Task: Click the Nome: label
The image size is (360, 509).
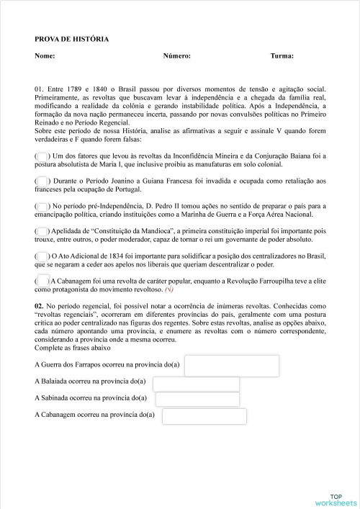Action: click(x=45, y=55)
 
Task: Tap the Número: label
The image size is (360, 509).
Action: click(x=176, y=55)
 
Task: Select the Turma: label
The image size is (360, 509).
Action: click(x=282, y=55)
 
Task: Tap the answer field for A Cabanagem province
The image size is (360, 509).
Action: click(x=204, y=416)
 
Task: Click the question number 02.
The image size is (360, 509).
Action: click(x=40, y=306)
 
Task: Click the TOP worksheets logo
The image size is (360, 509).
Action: click(x=336, y=497)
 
